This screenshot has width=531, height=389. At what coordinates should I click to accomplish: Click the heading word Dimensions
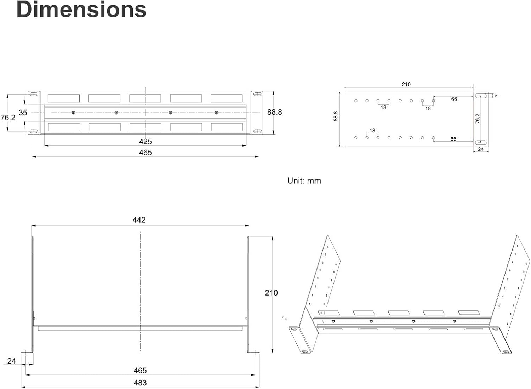click(x=81, y=10)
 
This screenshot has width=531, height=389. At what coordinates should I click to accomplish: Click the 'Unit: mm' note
click(x=304, y=181)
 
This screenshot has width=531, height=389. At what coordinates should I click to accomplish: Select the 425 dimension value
click(x=145, y=142)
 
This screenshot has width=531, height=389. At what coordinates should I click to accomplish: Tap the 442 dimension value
click(x=139, y=220)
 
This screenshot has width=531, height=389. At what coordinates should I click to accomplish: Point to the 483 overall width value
click(x=140, y=383)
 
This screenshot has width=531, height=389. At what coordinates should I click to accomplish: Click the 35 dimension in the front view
click(x=23, y=113)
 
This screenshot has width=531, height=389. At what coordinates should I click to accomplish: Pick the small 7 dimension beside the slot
click(x=496, y=96)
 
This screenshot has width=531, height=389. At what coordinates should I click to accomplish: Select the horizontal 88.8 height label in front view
click(x=274, y=112)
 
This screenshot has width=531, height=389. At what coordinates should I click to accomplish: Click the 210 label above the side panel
click(x=406, y=85)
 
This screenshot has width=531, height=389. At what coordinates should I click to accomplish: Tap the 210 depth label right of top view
click(x=271, y=293)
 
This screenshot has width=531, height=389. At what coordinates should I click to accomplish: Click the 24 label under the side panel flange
click(x=480, y=149)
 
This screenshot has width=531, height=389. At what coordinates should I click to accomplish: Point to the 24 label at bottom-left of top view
click(x=12, y=361)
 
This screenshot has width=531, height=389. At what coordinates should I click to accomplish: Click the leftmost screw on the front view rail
click(x=74, y=113)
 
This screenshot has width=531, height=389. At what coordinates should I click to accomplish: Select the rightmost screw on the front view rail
click(x=217, y=113)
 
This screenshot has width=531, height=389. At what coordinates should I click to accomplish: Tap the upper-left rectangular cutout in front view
click(x=64, y=98)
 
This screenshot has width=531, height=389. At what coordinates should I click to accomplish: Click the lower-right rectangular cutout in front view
click(x=227, y=127)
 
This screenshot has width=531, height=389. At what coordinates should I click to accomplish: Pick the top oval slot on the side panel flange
click(x=480, y=96)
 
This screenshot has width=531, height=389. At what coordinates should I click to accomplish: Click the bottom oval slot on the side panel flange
click(x=480, y=142)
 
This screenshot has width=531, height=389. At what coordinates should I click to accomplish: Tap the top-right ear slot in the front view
click(x=257, y=94)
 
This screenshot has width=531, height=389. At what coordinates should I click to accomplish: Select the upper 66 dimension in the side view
click(x=454, y=99)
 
